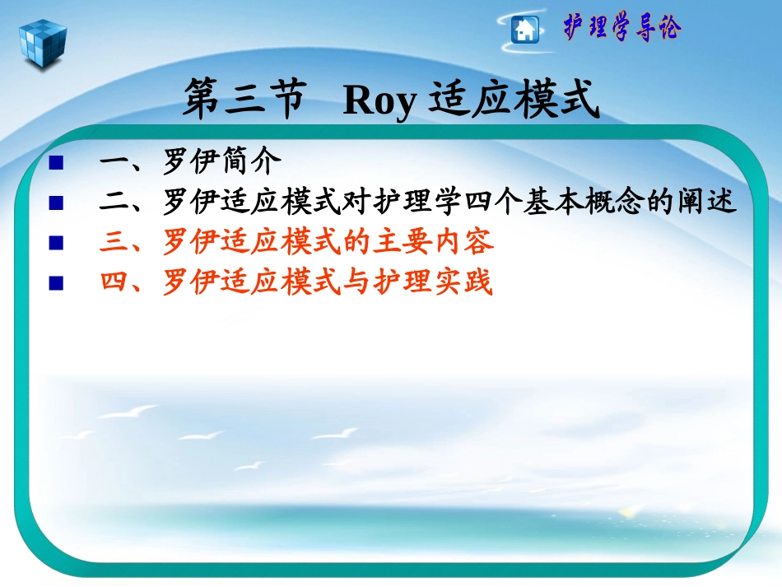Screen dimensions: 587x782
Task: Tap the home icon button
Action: pyautogui.click(x=524, y=30)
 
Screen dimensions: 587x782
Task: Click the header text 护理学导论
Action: pyautogui.click(x=621, y=28)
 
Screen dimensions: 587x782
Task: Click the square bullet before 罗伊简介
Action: pyautogui.click(x=56, y=161)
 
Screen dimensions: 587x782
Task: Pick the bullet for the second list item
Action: pyautogui.click(x=56, y=201)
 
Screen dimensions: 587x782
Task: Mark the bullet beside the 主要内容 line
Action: pyautogui.click(x=56, y=242)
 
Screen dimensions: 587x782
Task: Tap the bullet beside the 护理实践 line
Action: pyautogui.click(x=56, y=283)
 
